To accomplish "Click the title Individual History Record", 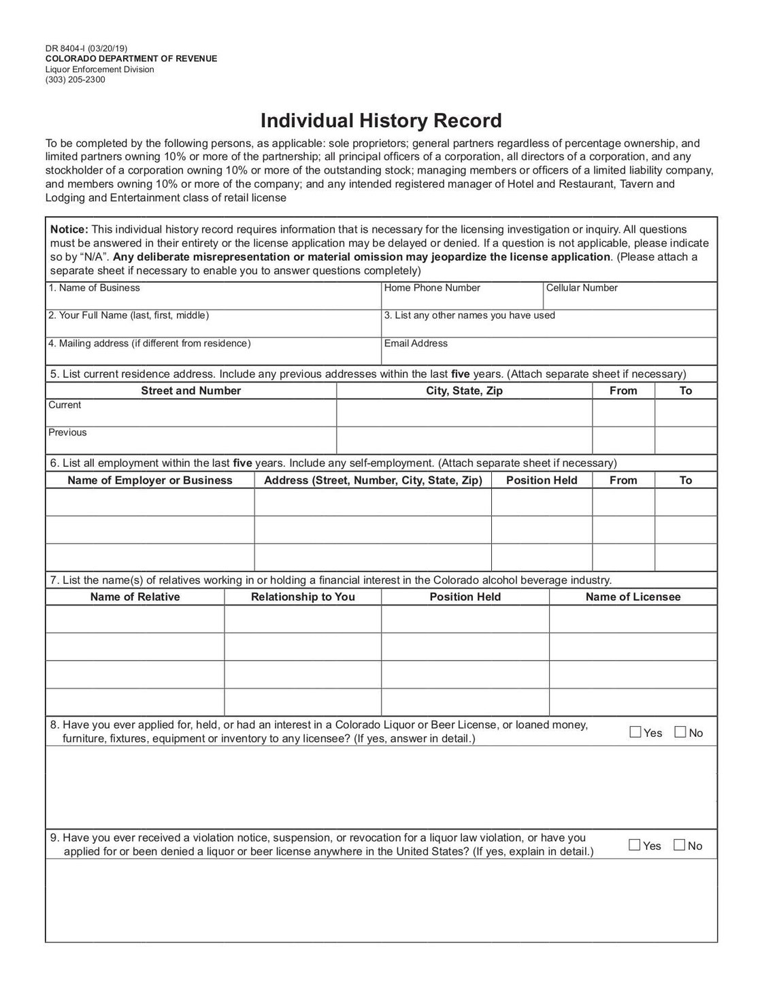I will pyautogui.click(x=381, y=121).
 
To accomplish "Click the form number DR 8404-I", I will pyautogui.click(x=65, y=48).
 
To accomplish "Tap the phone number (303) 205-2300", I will pyautogui.click(x=75, y=80).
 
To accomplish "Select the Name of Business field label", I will pyautogui.click(x=94, y=288).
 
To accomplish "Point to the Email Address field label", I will pyautogui.click(x=416, y=344).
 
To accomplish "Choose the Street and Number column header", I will pyautogui.click(x=190, y=391).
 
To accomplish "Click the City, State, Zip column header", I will pyautogui.click(x=464, y=391).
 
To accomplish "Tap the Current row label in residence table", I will pyautogui.click(x=65, y=406).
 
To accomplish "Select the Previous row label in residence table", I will pyautogui.click(x=67, y=433).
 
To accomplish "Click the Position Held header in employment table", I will pyautogui.click(x=542, y=480).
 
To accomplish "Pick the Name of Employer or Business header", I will pyautogui.click(x=150, y=480).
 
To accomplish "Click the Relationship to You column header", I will pyautogui.click(x=303, y=597).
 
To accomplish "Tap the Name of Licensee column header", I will pyautogui.click(x=633, y=597).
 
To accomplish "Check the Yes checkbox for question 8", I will pyautogui.click(x=635, y=732).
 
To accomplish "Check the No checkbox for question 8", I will pyautogui.click(x=680, y=732).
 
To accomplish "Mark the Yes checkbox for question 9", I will pyautogui.click(x=635, y=845).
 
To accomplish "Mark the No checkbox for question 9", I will pyautogui.click(x=679, y=845).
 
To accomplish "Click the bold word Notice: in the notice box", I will pyautogui.click(x=69, y=229).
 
